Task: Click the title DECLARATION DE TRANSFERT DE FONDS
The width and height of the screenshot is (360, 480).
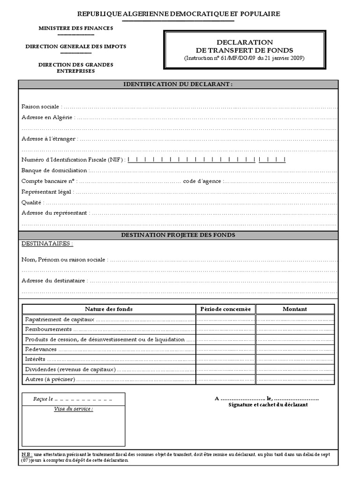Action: pyautogui.click(x=244, y=46)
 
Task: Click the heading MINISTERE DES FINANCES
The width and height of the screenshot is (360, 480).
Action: pyautogui.click(x=75, y=28)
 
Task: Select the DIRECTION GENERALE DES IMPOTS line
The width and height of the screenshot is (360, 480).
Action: pyautogui.click(x=75, y=46)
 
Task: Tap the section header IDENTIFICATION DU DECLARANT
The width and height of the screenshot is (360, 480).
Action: pyautogui.click(x=178, y=84)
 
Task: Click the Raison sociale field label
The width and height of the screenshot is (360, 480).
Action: pyautogui.click(x=40, y=107)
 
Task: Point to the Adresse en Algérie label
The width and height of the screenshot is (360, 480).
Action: pyautogui.click(x=46, y=117)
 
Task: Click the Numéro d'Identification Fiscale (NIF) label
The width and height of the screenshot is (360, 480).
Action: pyautogui.click(x=73, y=160)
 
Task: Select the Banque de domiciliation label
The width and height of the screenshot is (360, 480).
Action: pyautogui.click(x=54, y=171)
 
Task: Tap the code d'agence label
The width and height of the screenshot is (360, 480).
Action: pyautogui.click(x=202, y=181)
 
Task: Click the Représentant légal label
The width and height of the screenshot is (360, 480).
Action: pyautogui.click(x=46, y=192)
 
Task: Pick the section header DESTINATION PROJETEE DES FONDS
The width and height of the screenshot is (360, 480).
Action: pyautogui.click(x=178, y=235)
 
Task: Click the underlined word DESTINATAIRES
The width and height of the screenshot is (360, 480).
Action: pyautogui.click(x=47, y=244)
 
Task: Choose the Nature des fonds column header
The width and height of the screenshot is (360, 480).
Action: pyautogui.click(x=109, y=309)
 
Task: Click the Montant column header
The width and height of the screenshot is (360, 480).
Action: pyautogui.click(x=295, y=309)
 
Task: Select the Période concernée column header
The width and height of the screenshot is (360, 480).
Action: pyautogui.click(x=225, y=309)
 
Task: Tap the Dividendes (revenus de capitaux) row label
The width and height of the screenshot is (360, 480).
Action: pyautogui.click(x=70, y=369)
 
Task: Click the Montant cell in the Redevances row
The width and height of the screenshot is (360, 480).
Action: pyautogui.click(x=295, y=349)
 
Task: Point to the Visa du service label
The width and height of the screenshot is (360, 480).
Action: pyautogui.click(x=74, y=409)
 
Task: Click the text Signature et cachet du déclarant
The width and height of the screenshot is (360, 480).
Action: pyautogui.click(x=268, y=405)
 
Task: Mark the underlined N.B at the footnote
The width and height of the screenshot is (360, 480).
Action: pyautogui.click(x=27, y=455)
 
